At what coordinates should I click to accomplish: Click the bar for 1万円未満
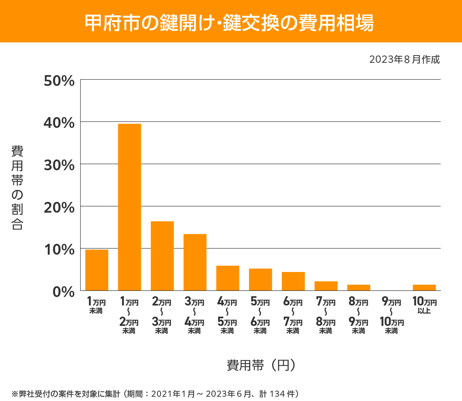97,270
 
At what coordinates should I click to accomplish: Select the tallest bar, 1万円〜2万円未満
129,207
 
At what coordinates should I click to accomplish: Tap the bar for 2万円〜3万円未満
162,256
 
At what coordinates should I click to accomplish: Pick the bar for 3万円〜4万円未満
195,262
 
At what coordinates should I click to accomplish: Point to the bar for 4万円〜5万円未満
228,278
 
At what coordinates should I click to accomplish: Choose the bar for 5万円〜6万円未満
260,280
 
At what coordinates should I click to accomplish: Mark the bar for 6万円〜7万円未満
293,281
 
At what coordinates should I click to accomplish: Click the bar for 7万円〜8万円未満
326,286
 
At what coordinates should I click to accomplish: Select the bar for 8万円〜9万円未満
358,287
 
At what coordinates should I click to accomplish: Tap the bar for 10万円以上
424,287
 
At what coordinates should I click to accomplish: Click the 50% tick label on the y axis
59,81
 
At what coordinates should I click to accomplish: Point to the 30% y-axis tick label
59,165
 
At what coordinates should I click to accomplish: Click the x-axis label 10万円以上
424,305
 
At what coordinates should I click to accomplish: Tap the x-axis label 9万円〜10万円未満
392,316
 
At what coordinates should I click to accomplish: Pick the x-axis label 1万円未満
96,305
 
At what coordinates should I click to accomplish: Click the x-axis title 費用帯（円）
261,365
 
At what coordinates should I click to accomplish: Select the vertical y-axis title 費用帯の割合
17,188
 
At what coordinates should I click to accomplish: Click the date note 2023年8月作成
404,59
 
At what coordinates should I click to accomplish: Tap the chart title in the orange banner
229,23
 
